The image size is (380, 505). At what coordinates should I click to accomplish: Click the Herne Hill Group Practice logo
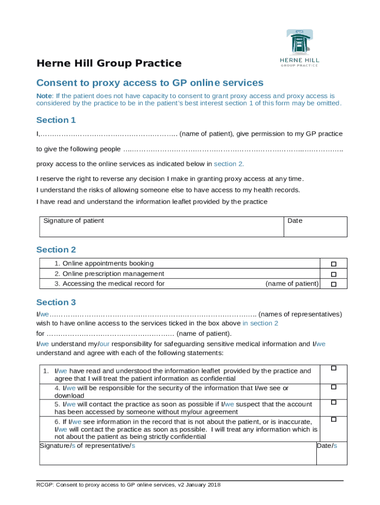(300, 48)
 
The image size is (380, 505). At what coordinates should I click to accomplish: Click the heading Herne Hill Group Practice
(109, 64)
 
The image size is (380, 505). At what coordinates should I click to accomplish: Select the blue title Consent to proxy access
(150, 83)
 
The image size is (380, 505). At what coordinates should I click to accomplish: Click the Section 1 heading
(56, 120)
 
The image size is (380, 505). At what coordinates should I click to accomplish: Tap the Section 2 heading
(56, 250)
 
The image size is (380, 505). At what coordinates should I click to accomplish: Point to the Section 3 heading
(56, 302)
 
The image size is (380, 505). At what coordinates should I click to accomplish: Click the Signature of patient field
(161, 227)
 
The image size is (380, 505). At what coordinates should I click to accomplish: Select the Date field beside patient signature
(315, 227)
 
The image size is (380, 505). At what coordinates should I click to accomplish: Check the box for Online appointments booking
(334, 264)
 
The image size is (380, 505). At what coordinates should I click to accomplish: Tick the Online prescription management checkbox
(334, 274)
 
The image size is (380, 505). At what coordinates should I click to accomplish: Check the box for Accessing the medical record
(334, 285)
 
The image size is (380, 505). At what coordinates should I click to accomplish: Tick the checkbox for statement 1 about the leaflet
(334, 368)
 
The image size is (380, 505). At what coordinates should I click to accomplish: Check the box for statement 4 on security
(334, 387)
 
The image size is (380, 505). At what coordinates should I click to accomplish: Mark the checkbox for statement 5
(334, 402)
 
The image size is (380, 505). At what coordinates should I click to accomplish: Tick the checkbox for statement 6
(334, 419)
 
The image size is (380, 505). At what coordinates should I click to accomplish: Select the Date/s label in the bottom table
(327, 446)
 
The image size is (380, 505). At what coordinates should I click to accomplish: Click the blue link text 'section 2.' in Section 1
(228, 164)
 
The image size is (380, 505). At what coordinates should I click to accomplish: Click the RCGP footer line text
(128, 485)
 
